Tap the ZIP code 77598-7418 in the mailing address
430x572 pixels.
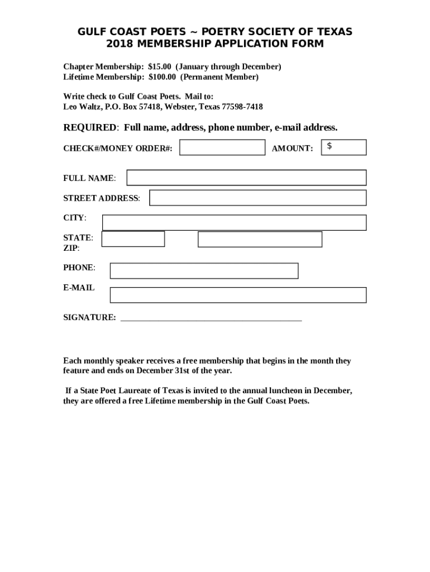tap(242, 107)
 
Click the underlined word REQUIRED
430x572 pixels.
tap(90, 128)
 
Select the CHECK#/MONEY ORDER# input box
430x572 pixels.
tap(222, 147)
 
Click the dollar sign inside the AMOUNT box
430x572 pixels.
tap(330, 146)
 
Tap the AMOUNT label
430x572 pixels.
tap(292, 149)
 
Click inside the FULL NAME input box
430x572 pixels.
tap(246, 178)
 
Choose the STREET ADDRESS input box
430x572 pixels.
tap(257, 198)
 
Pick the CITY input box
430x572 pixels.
tap(234, 222)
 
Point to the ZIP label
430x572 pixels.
tap(71, 248)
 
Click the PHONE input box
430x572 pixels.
tap(204, 270)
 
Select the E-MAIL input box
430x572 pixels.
tap(238, 295)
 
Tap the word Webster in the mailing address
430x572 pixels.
tap(178, 107)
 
